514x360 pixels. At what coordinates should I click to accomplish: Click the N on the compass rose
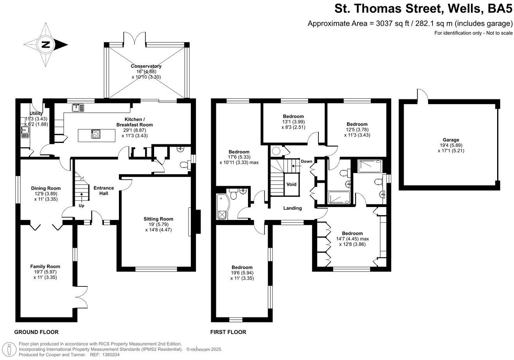(46, 44)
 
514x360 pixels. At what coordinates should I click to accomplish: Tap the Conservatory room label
(146, 66)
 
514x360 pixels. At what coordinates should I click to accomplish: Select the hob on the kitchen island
(96, 134)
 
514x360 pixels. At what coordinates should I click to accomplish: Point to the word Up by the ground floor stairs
(81, 205)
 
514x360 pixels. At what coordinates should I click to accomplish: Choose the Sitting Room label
(158, 219)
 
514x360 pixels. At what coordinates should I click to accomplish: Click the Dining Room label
(46, 188)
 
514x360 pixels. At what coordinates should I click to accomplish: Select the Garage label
(451, 140)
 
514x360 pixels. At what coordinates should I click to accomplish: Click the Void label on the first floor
(291, 184)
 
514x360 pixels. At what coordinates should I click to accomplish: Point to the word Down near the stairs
(306, 161)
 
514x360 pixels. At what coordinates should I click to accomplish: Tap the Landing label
(293, 208)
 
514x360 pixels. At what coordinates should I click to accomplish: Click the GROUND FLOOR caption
(36, 332)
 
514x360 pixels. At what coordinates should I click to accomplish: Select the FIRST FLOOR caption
(228, 332)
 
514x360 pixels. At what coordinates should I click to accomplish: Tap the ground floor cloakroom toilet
(183, 165)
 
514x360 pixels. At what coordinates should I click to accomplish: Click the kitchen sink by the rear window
(76, 106)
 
